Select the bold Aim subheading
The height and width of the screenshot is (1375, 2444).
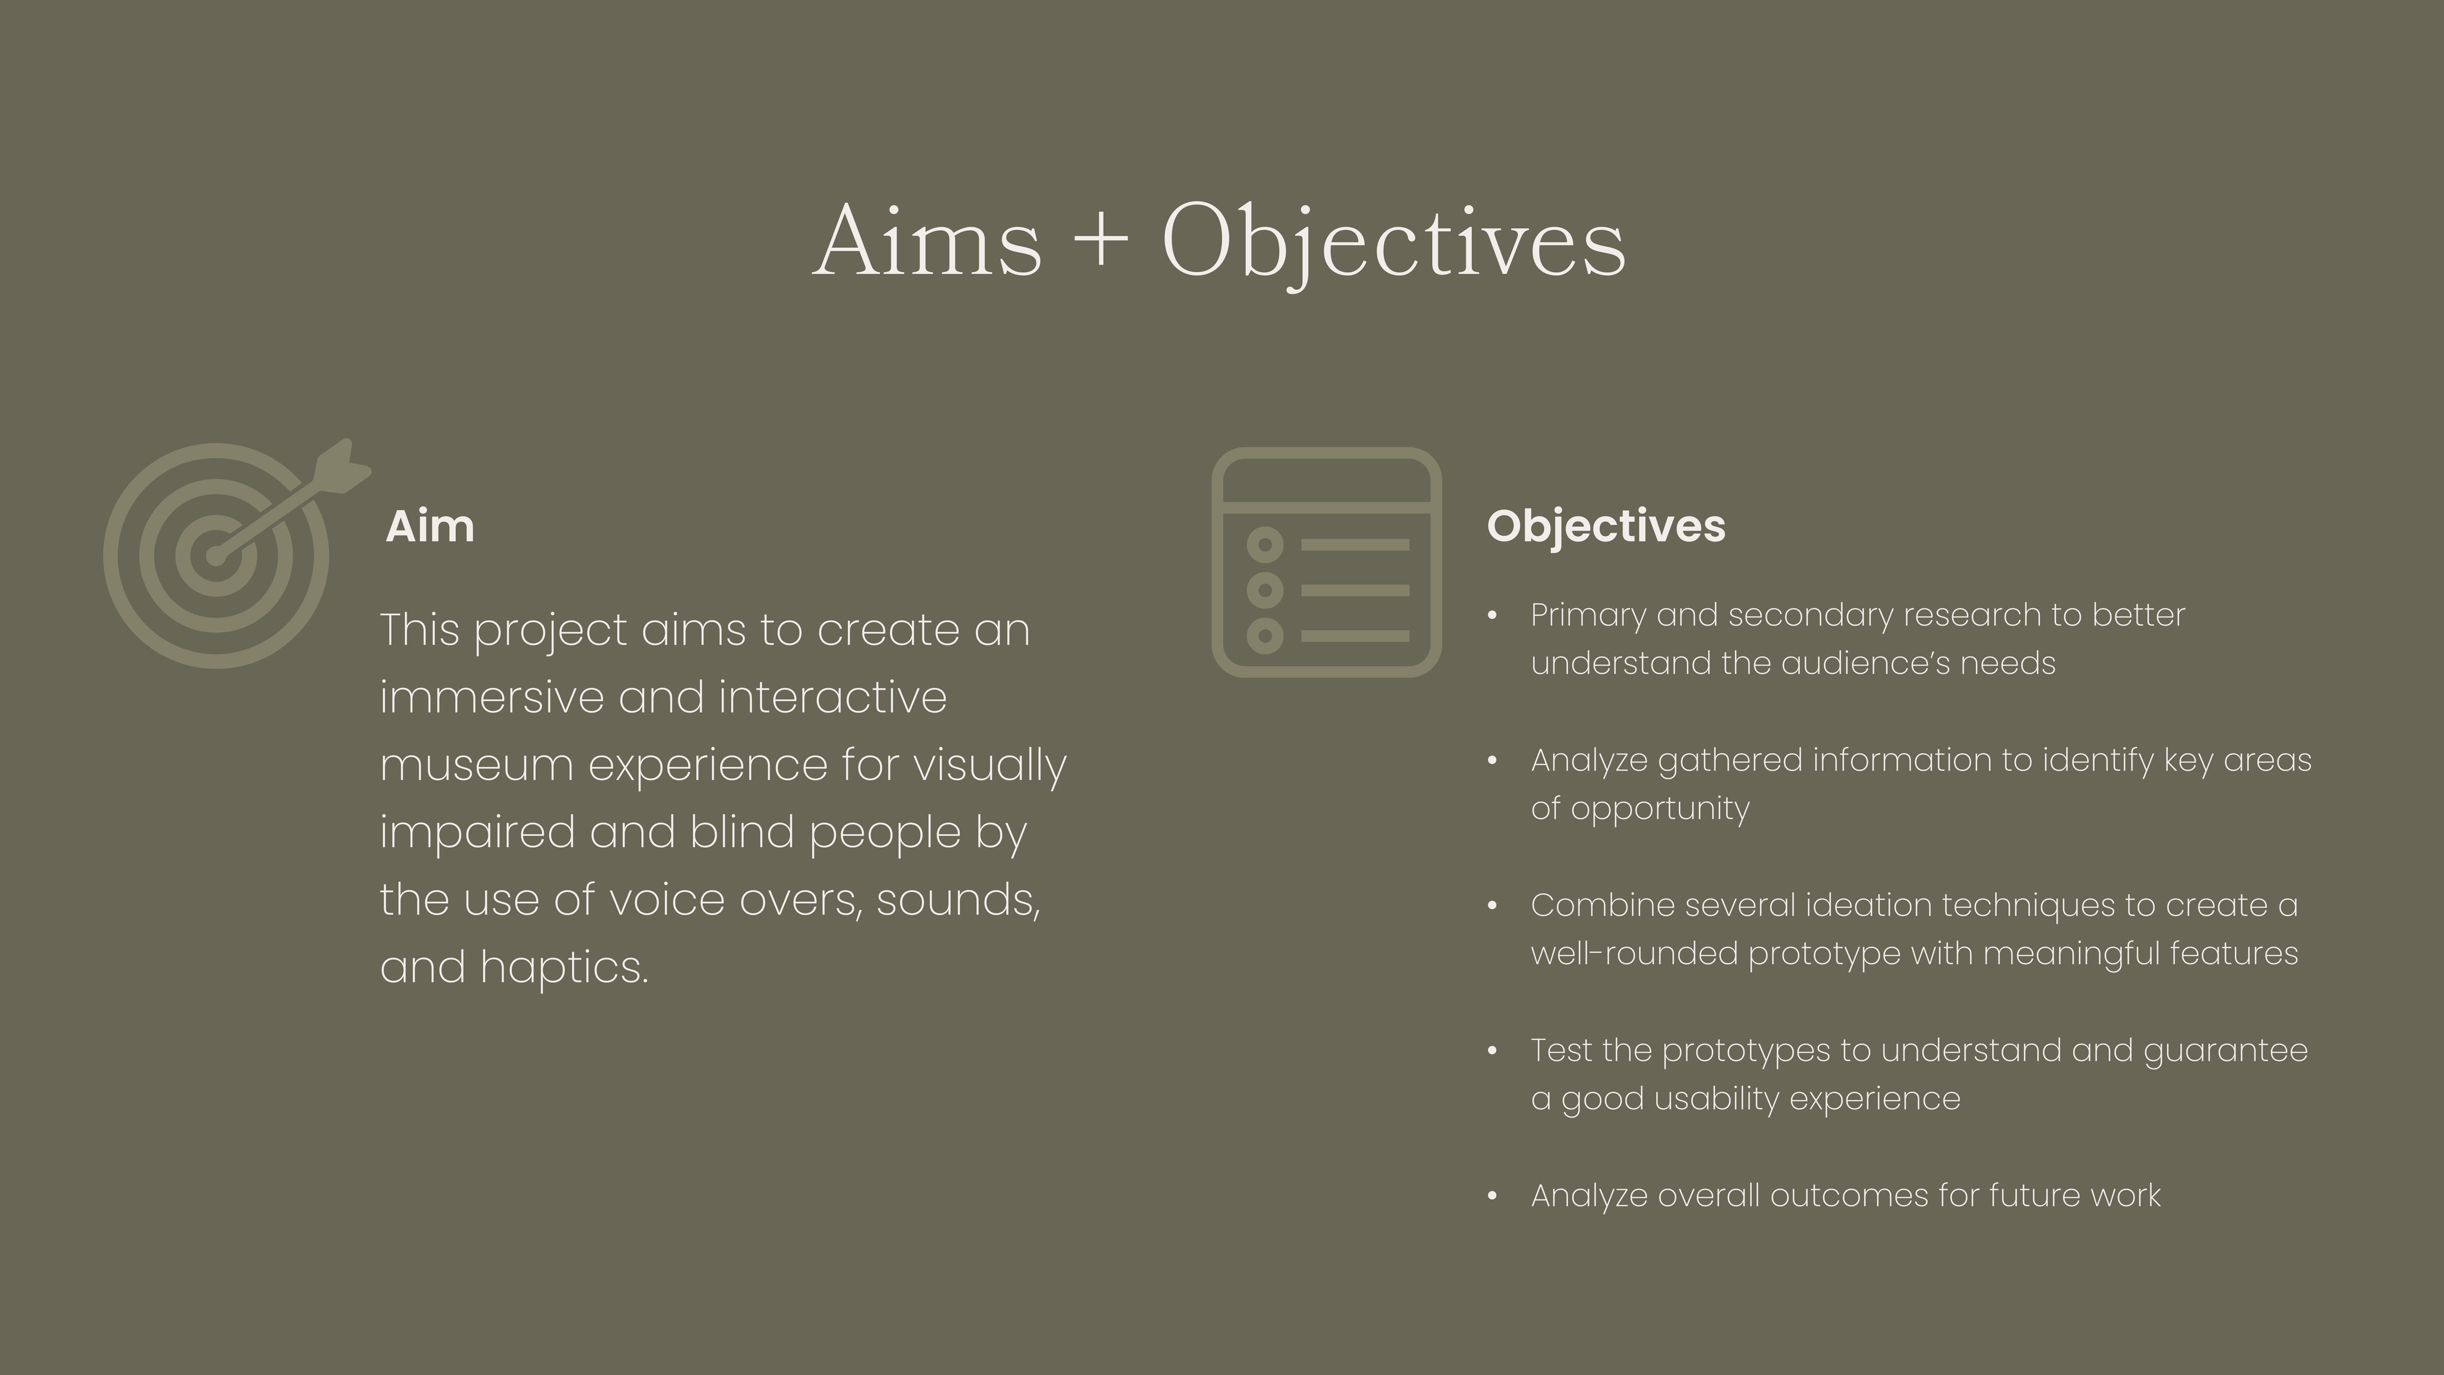(430, 526)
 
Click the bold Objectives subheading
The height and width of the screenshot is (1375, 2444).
(1605, 526)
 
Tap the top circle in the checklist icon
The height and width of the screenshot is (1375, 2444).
(1265, 545)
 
